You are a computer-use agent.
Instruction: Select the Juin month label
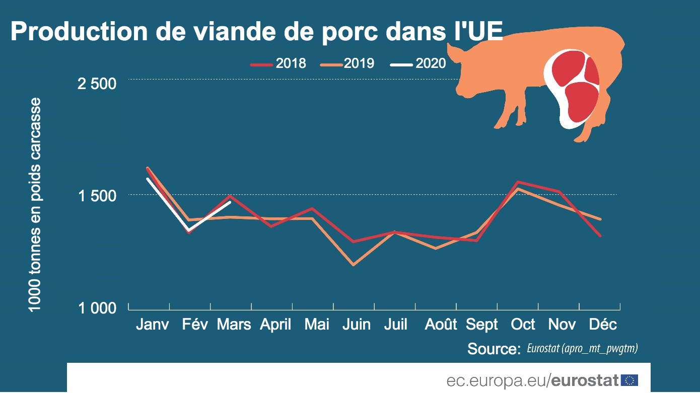356,325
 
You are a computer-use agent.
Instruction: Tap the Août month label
441,325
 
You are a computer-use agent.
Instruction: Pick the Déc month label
602,325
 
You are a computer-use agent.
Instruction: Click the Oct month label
523,325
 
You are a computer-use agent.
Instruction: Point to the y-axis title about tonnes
34,204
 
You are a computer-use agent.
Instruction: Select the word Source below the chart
493,349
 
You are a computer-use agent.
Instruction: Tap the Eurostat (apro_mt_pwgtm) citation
583,348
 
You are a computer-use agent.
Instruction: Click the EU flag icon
629,380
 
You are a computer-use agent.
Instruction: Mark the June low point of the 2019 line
354,264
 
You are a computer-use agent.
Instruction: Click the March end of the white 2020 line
230,202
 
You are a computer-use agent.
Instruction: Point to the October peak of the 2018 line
517,182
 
